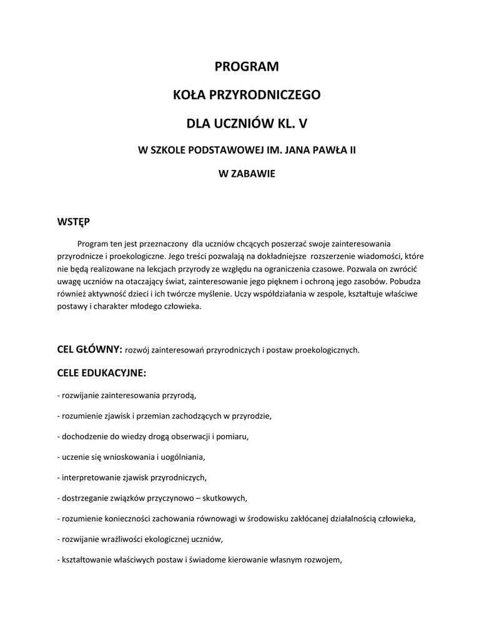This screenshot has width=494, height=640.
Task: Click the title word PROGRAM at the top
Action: click(247, 66)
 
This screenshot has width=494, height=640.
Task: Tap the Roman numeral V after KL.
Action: click(302, 124)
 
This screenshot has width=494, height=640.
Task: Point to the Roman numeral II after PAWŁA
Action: click(352, 151)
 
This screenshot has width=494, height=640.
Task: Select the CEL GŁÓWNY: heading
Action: click(89, 349)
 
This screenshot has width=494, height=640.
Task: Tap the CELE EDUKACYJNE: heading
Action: click(101, 373)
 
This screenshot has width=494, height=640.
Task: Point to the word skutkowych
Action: click(227, 498)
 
